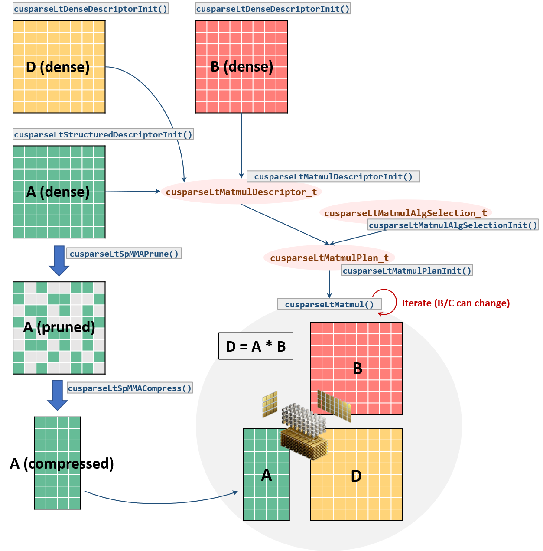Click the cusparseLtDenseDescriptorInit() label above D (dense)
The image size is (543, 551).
tap(91, 9)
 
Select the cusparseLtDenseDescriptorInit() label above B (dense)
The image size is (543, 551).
tap(273, 9)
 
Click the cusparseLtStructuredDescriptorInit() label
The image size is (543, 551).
tap(103, 134)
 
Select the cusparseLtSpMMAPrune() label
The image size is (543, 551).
tap(124, 254)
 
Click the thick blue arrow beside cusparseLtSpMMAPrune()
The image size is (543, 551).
tap(59, 260)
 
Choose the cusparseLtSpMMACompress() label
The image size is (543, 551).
tap(130, 388)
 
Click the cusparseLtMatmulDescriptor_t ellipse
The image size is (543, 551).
tap(241, 192)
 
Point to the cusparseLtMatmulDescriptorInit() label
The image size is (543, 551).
tap(333, 176)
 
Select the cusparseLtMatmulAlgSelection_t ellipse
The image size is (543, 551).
tap(406, 212)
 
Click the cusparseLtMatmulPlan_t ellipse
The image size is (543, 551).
tap(329, 258)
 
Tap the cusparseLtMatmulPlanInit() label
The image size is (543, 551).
tap(407, 271)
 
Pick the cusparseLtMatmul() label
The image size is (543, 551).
tap(329, 304)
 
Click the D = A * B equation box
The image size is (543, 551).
tap(256, 346)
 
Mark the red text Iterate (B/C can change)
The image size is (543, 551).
tap(456, 303)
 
